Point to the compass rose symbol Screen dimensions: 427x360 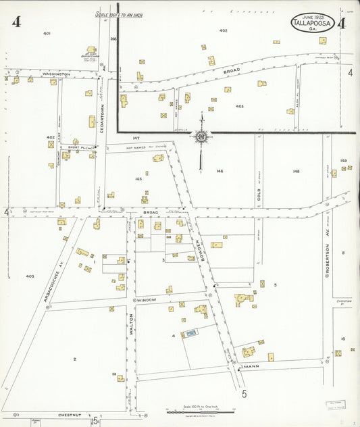coord(201,137)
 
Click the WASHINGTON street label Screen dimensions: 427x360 coord(56,73)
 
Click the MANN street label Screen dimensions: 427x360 coord(251,368)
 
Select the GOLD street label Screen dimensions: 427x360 coord(258,196)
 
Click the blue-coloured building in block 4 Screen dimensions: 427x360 coord(191,332)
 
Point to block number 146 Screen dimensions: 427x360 coord(220,171)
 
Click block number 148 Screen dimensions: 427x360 coord(296,171)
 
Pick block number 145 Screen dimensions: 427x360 coord(138,178)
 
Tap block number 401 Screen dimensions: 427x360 coord(47,32)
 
